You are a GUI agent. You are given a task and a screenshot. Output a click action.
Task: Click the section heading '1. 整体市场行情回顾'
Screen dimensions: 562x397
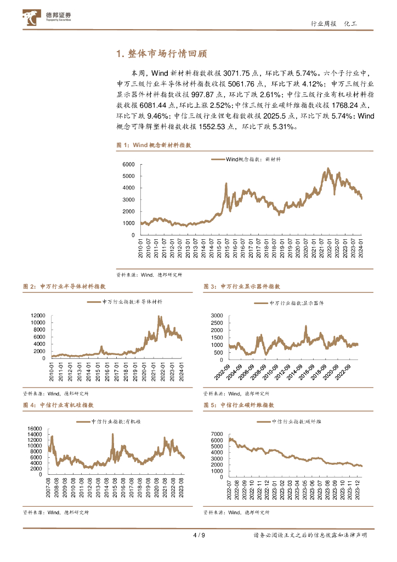pyautogui.click(x=162, y=54)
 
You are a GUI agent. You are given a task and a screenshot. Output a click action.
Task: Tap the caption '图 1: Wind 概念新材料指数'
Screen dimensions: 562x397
pyautogui.click(x=154, y=145)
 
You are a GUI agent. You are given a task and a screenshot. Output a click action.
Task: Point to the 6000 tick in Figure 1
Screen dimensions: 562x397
pyautogui.click(x=128, y=165)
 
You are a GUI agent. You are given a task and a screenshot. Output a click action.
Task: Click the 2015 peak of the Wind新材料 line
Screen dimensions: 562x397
pyautogui.click(x=226, y=184)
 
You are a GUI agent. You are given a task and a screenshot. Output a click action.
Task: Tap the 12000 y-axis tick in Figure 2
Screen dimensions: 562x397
pyautogui.click(x=37, y=315)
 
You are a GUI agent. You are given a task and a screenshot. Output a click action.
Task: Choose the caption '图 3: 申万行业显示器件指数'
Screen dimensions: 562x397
pyautogui.click(x=241, y=286)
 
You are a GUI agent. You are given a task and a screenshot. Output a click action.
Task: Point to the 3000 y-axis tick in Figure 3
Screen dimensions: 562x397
pyautogui.click(x=216, y=316)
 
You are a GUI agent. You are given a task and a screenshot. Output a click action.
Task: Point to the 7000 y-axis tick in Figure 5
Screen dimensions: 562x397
pyautogui.click(x=216, y=434)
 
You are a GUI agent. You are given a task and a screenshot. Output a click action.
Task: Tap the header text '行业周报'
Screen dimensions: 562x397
pyautogui.click(x=323, y=24)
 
